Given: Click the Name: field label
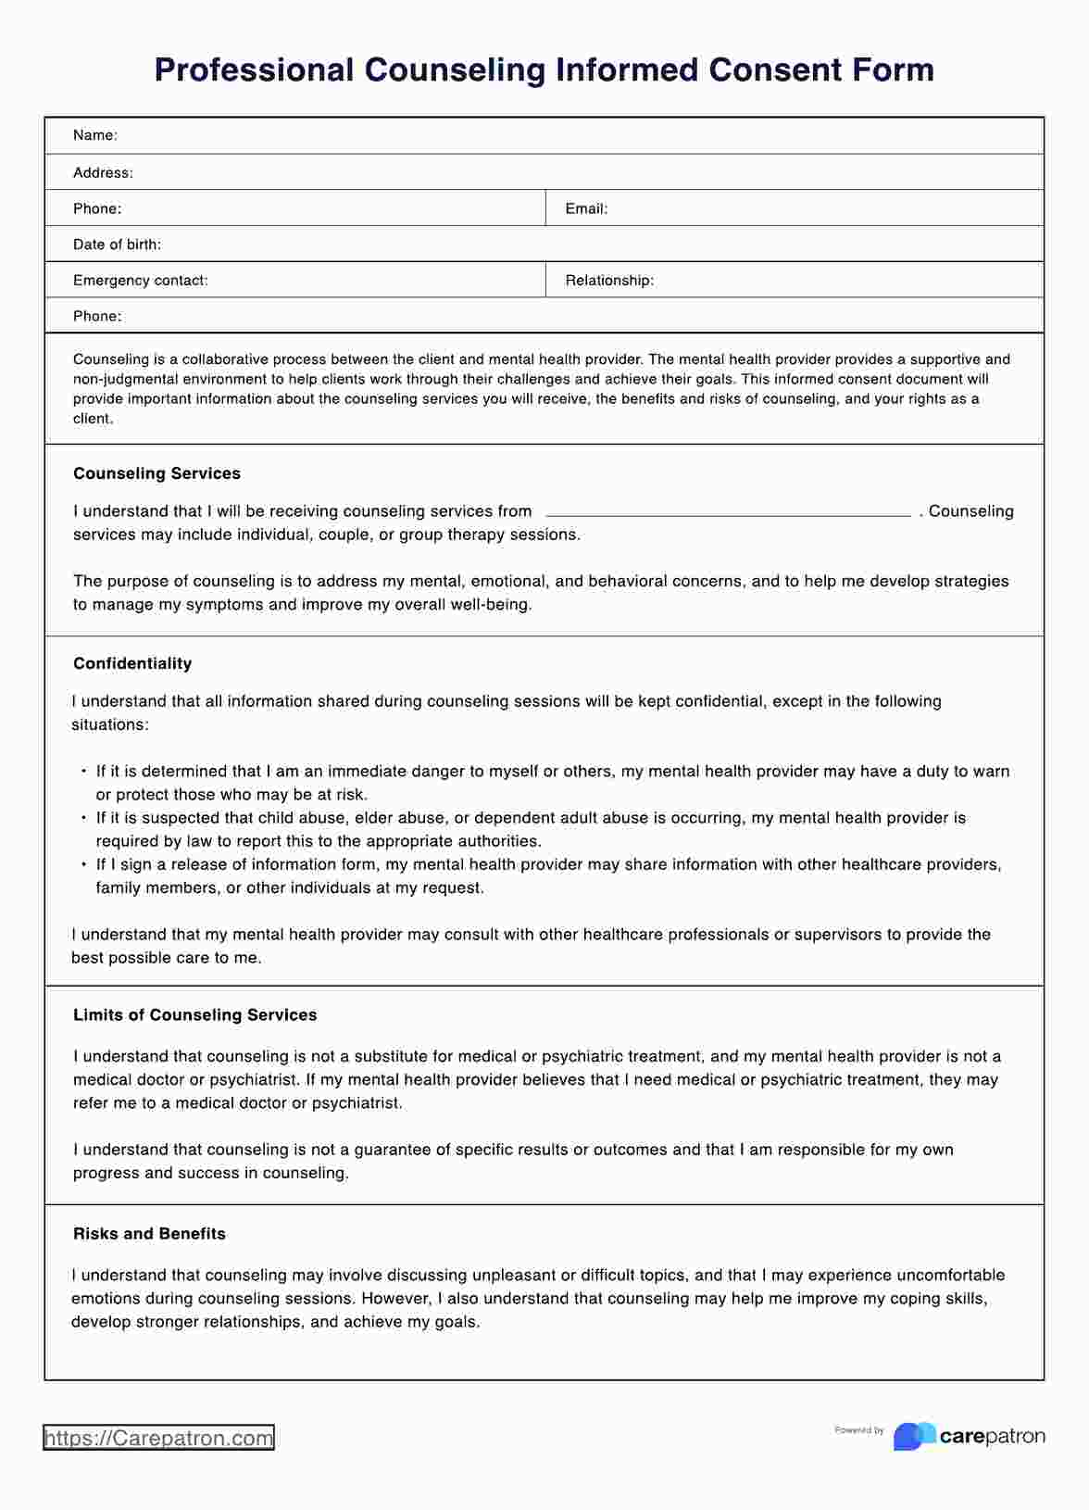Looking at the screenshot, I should pyautogui.click(x=94, y=135).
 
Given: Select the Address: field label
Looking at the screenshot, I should pyautogui.click(x=103, y=172).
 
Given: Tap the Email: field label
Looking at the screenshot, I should pyautogui.click(x=586, y=208).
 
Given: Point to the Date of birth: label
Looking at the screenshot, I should pyautogui.click(x=117, y=245).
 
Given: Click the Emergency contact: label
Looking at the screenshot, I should pyautogui.click(x=140, y=280).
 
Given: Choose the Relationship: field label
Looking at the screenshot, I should pyautogui.click(x=609, y=280).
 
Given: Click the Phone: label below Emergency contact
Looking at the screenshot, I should pyautogui.click(x=97, y=316).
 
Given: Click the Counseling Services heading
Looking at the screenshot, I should pyautogui.click(x=156, y=473).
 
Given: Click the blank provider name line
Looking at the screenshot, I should pyautogui.click(x=728, y=511).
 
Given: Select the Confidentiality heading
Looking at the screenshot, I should pyautogui.click(x=132, y=663).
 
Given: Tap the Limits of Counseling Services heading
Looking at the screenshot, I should pyautogui.click(x=194, y=1014).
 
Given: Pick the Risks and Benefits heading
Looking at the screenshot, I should pyautogui.click(x=149, y=1233).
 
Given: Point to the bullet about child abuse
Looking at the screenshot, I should pyautogui.click(x=530, y=818).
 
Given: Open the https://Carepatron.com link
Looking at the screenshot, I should pyautogui.click(x=158, y=1438).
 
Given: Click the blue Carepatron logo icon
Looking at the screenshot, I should pyautogui.click(x=913, y=1436).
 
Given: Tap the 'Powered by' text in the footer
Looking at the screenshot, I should pyautogui.click(x=858, y=1430).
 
